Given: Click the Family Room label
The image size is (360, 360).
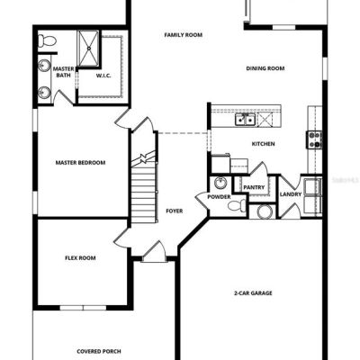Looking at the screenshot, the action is click(x=184, y=35).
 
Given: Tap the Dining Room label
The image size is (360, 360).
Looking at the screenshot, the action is click(x=265, y=68).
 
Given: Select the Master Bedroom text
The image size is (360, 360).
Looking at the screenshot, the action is click(x=80, y=163).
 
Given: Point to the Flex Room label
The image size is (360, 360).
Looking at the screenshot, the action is click(x=80, y=257).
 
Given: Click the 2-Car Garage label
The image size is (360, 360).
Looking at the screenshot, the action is click(x=253, y=292).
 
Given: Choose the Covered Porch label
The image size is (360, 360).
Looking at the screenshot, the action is click(x=99, y=351).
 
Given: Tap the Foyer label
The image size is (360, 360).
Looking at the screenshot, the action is click(x=175, y=211).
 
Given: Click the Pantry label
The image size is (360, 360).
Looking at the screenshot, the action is click(x=254, y=187).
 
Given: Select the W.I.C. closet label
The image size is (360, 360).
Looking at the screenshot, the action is click(x=103, y=76).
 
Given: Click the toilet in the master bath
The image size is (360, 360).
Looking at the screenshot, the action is click(x=47, y=40).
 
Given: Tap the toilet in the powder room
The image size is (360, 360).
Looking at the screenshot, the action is click(x=237, y=206).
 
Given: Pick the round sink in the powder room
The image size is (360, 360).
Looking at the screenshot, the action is click(x=220, y=183).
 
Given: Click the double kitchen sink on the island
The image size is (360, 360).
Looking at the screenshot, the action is click(x=245, y=120).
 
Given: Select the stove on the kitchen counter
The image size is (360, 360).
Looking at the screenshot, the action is click(x=314, y=140).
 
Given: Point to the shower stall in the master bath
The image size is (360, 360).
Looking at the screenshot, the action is click(x=88, y=48).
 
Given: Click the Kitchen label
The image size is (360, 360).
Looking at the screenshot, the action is click(x=263, y=144).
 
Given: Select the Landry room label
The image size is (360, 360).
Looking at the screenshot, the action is click(x=291, y=194).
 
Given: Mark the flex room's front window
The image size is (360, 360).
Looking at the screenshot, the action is click(x=83, y=308).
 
